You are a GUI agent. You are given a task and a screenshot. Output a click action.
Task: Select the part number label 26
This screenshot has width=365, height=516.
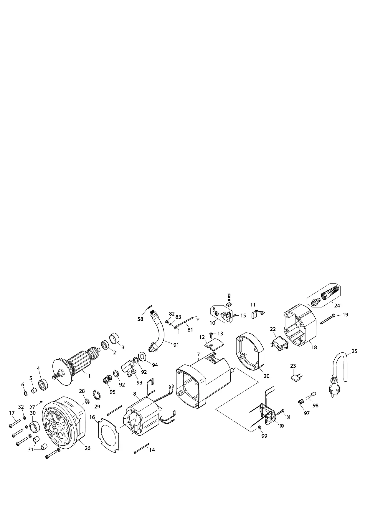pos(87,448)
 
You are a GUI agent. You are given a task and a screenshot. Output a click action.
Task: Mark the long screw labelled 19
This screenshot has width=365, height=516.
pos(327,319)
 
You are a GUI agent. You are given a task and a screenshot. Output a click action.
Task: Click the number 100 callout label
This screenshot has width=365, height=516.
pos(281,426)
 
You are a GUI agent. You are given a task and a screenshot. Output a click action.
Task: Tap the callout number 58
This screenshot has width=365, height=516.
pos(141,319)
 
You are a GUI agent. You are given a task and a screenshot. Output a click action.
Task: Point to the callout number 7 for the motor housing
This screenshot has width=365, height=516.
pos(199,354)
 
